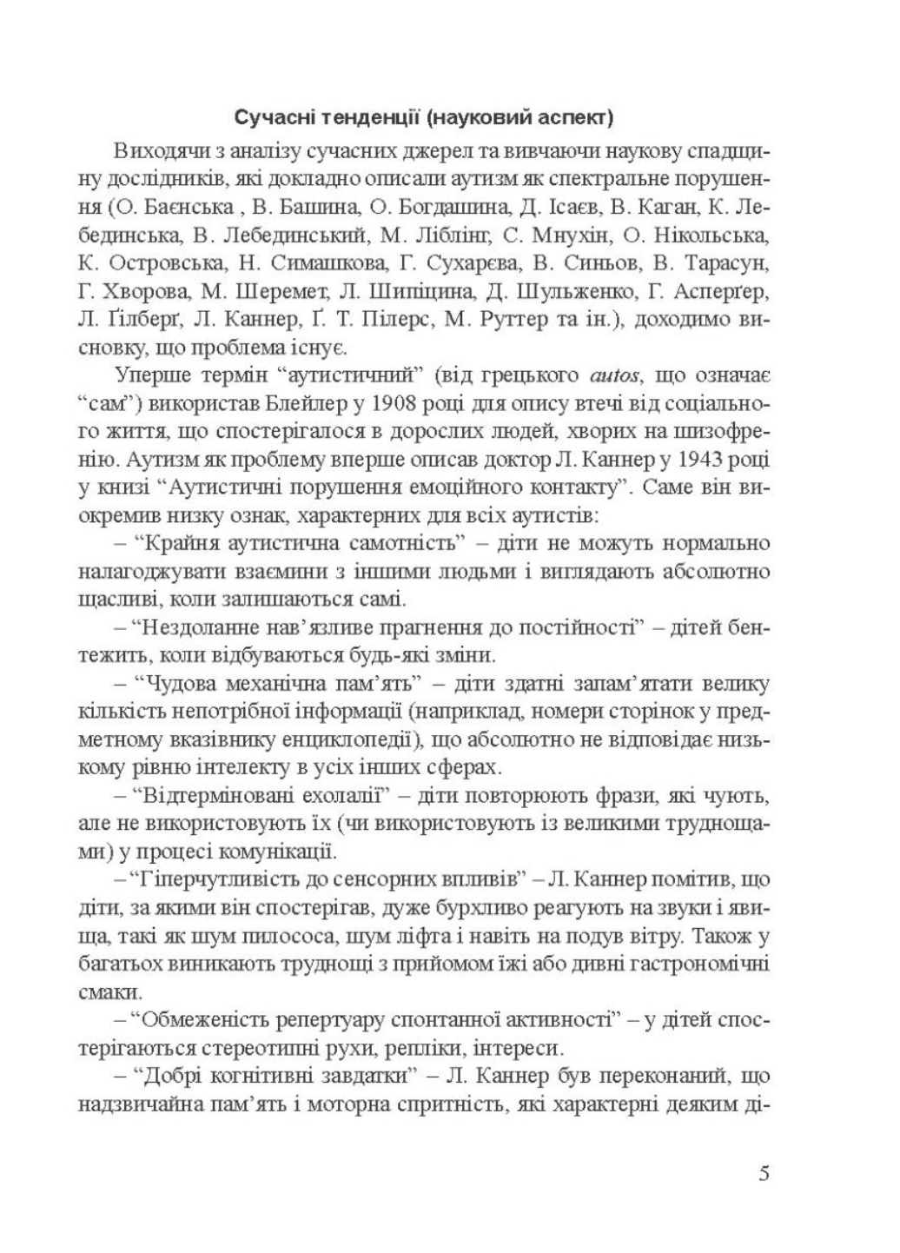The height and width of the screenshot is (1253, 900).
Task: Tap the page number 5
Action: pyautogui.click(x=763, y=1174)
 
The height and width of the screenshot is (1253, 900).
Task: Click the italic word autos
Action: pyautogui.click(x=613, y=376)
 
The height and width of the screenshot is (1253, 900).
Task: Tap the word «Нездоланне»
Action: pyautogui.click(x=189, y=628)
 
